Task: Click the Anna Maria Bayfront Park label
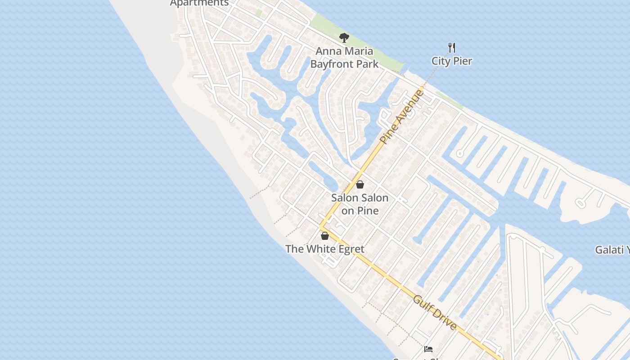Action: [344, 58]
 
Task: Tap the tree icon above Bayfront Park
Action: [344, 38]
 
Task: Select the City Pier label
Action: [451, 61]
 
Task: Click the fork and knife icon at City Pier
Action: [452, 47]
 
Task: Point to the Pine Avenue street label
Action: [402, 117]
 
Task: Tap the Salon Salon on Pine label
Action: [360, 204]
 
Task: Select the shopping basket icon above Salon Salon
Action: [360, 184]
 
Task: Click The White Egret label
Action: [324, 249]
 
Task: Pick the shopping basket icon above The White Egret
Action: [325, 236]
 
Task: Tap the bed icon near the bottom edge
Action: [428, 349]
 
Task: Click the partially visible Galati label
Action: [612, 250]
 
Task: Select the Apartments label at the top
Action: [199, 3]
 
